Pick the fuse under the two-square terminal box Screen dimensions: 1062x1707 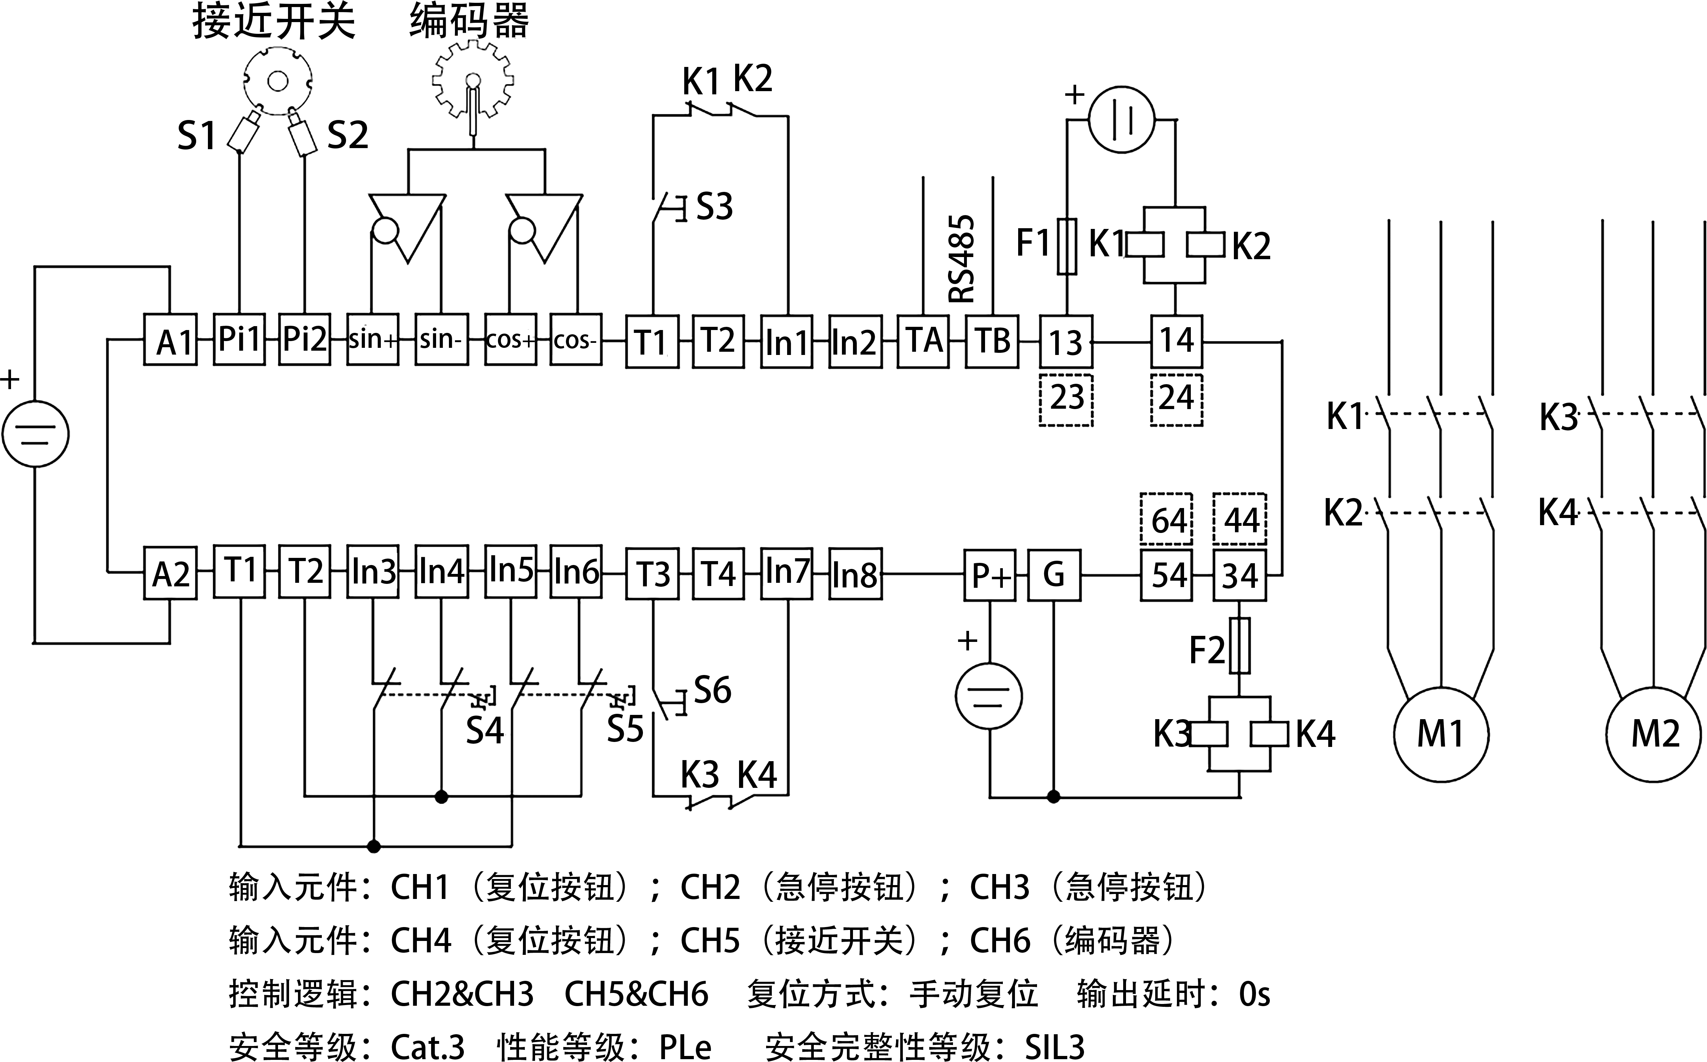[1239, 645]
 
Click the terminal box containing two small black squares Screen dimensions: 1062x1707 [1239, 575]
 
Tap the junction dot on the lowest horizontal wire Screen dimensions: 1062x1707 [373, 846]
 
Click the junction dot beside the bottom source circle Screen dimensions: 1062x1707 [1053, 796]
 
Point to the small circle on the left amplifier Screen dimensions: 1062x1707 [385, 230]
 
